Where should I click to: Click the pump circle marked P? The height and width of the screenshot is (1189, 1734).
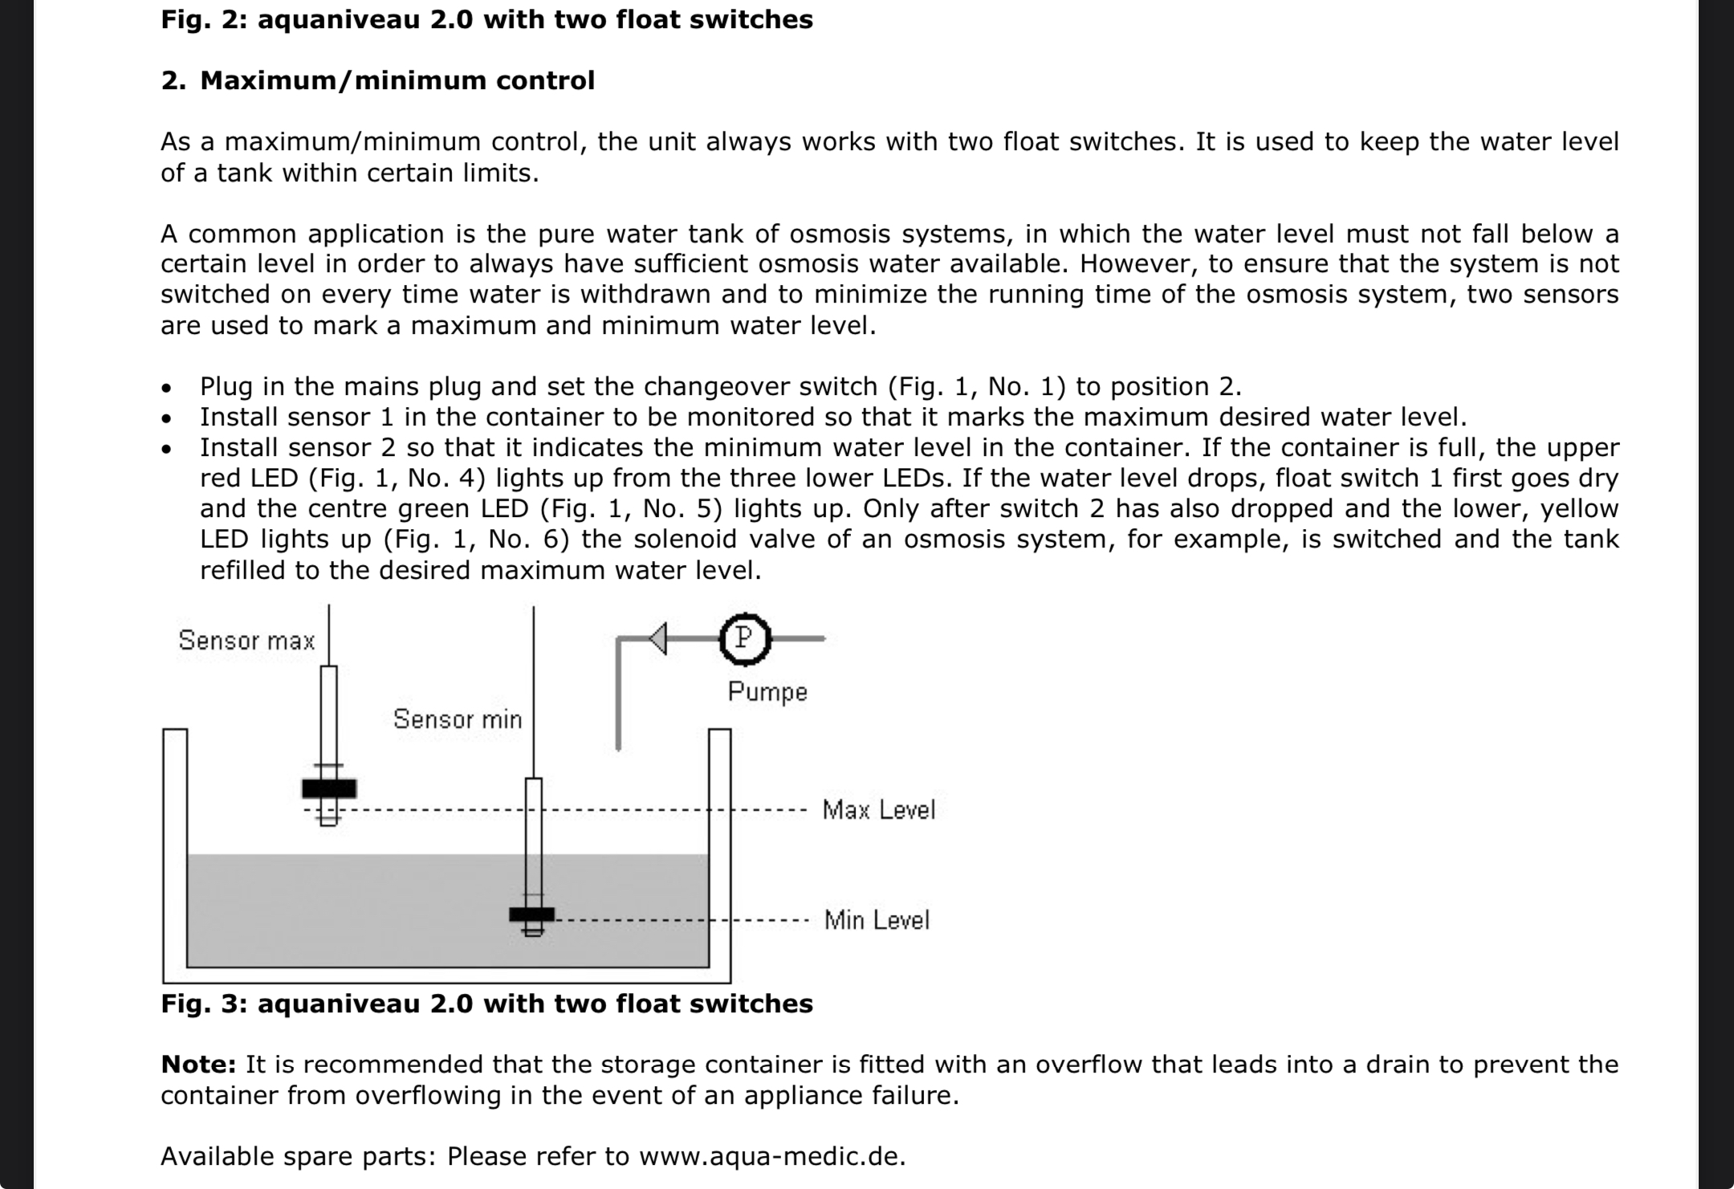744,639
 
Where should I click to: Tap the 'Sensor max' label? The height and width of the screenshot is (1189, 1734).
246,641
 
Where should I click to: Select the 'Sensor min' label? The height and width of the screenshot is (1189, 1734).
458,719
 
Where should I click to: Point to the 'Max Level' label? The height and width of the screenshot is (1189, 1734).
879,809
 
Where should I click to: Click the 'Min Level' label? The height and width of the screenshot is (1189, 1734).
877,920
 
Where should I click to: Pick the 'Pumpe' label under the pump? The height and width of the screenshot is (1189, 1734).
767,692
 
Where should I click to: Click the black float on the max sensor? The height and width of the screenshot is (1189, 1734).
329,788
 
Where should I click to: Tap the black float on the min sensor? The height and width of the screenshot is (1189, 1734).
531,914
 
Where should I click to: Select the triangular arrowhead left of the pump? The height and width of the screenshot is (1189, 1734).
657,639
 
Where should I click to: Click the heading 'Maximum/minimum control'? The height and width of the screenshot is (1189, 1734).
397,80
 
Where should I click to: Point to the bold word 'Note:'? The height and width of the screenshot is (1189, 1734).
198,1065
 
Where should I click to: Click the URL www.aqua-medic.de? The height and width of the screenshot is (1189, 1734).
772,1156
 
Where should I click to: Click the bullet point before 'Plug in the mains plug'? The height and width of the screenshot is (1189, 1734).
166,389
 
